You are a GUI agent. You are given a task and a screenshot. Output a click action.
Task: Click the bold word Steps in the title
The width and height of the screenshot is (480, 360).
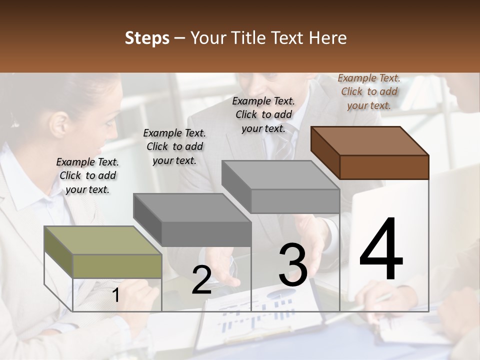(x=146, y=38)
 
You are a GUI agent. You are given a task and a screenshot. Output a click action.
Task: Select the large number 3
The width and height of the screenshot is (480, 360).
(x=292, y=264)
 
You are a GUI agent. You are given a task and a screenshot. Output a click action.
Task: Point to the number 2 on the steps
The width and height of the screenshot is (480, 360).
(x=201, y=280)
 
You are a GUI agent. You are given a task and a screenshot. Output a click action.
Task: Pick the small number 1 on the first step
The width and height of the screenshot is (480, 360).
(x=115, y=295)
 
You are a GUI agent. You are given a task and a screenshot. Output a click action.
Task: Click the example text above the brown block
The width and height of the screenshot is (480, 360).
(x=369, y=91)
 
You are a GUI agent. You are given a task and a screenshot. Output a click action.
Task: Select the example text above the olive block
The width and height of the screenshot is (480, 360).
(x=87, y=175)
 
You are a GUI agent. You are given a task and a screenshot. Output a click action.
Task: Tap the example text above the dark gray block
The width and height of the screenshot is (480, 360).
(x=174, y=146)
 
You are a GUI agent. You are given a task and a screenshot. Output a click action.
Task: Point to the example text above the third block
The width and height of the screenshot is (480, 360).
(x=263, y=114)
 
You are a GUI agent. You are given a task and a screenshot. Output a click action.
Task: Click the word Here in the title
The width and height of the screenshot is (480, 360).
(x=329, y=38)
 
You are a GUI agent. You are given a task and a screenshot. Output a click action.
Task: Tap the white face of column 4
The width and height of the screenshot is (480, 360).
(x=385, y=300)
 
